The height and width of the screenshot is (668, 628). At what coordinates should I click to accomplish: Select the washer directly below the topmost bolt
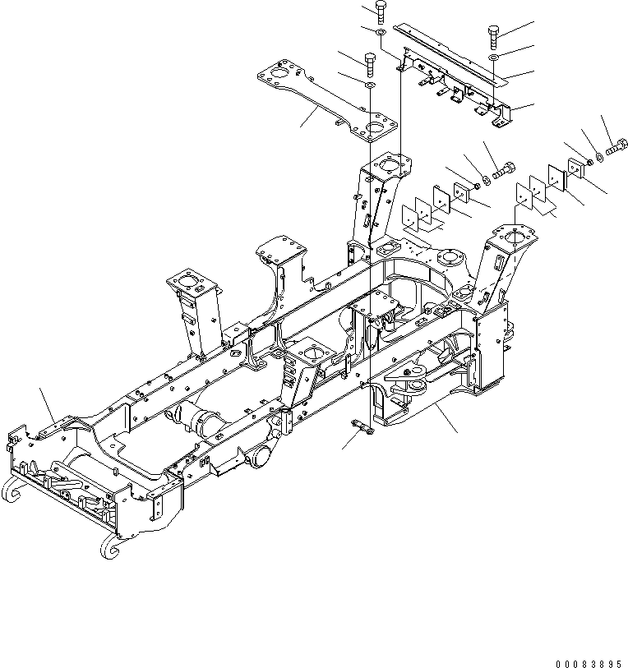(x=381, y=32)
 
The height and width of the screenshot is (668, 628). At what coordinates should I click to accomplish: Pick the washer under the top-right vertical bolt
(x=492, y=59)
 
